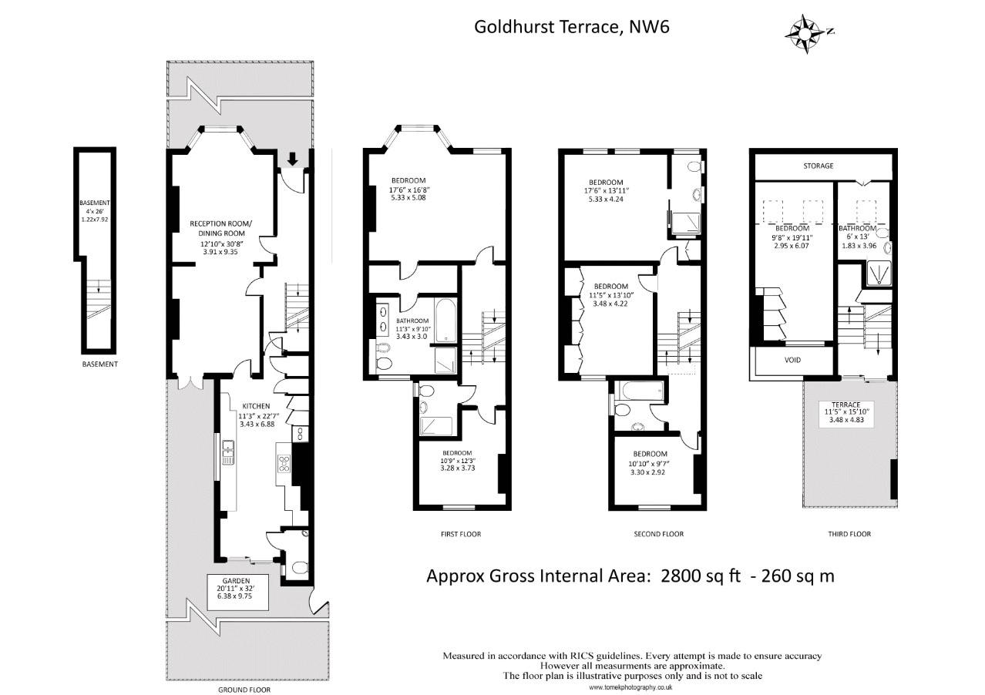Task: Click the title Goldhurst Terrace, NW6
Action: (572, 27)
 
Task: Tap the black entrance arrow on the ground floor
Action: (292, 159)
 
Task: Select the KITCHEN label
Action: (257, 406)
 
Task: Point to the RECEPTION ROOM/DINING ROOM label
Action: (220, 228)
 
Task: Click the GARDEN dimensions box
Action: (238, 592)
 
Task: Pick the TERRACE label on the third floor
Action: (846, 405)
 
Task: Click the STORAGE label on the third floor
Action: (819, 166)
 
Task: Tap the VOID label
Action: (792, 360)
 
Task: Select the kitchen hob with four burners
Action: (284, 464)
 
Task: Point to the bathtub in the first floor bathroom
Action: (445, 321)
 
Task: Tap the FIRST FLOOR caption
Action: (461, 534)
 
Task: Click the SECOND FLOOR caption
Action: (659, 534)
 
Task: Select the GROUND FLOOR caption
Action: (244, 690)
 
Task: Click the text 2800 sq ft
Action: (701, 576)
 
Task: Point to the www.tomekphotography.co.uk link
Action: (630, 687)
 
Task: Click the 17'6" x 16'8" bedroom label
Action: (408, 189)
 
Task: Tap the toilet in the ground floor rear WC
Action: (300, 568)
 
